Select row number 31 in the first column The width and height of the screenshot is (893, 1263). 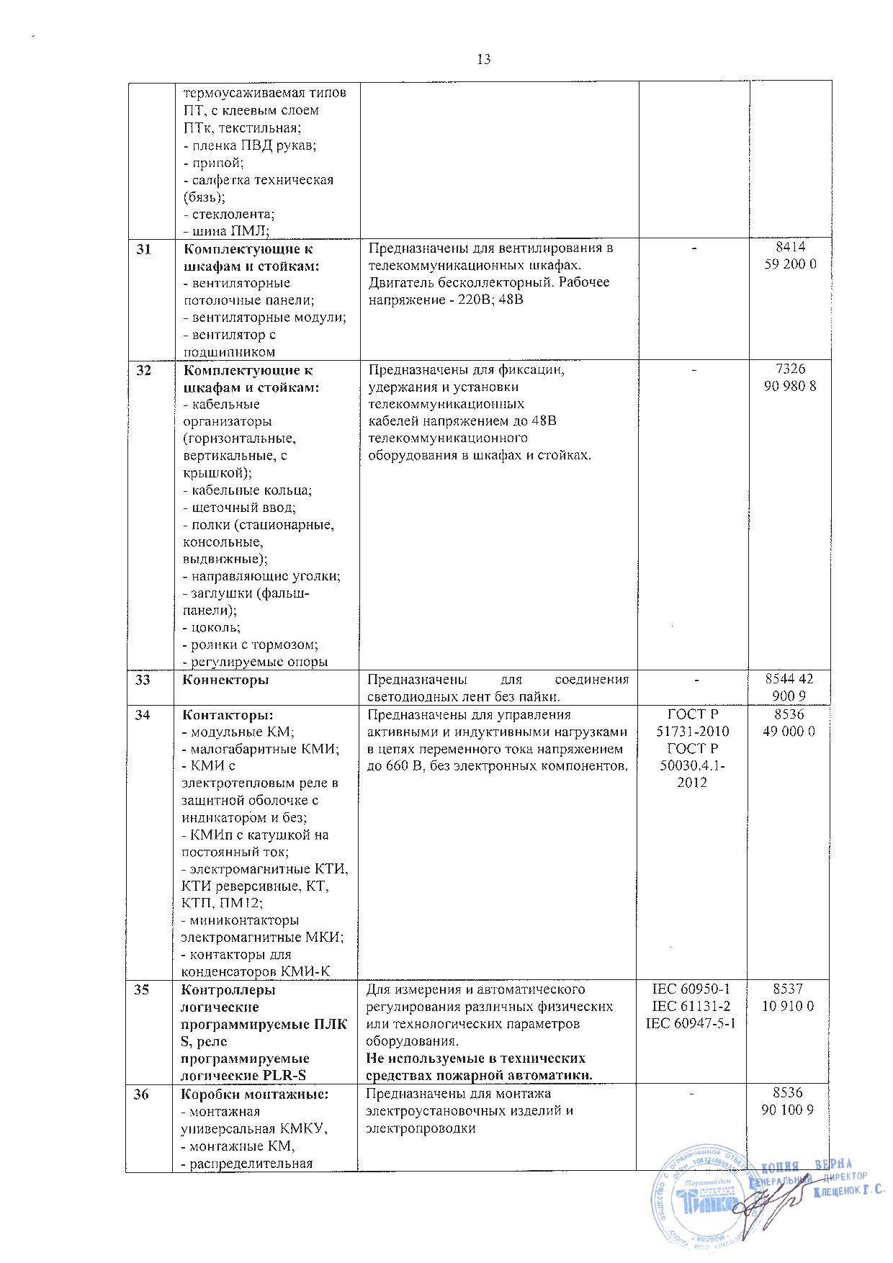(143, 248)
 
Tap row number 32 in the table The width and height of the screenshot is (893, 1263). (143, 370)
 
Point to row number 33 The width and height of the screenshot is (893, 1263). (143, 679)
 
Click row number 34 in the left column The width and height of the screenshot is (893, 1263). (143, 715)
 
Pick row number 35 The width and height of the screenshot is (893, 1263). (143, 989)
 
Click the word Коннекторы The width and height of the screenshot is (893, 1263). (227, 679)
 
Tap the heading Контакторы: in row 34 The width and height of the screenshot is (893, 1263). (228, 715)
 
